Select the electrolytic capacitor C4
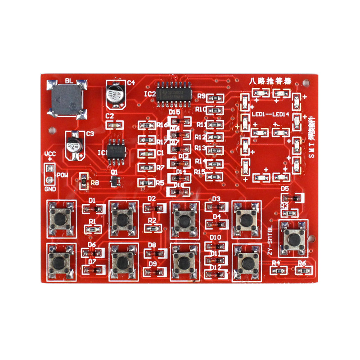tap(115, 94)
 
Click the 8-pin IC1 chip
tap(116, 149)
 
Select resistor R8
tap(83, 181)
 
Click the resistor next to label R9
tap(216, 98)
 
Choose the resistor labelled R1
tap(93, 229)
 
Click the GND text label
tap(50, 189)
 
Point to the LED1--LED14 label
tap(270, 114)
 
